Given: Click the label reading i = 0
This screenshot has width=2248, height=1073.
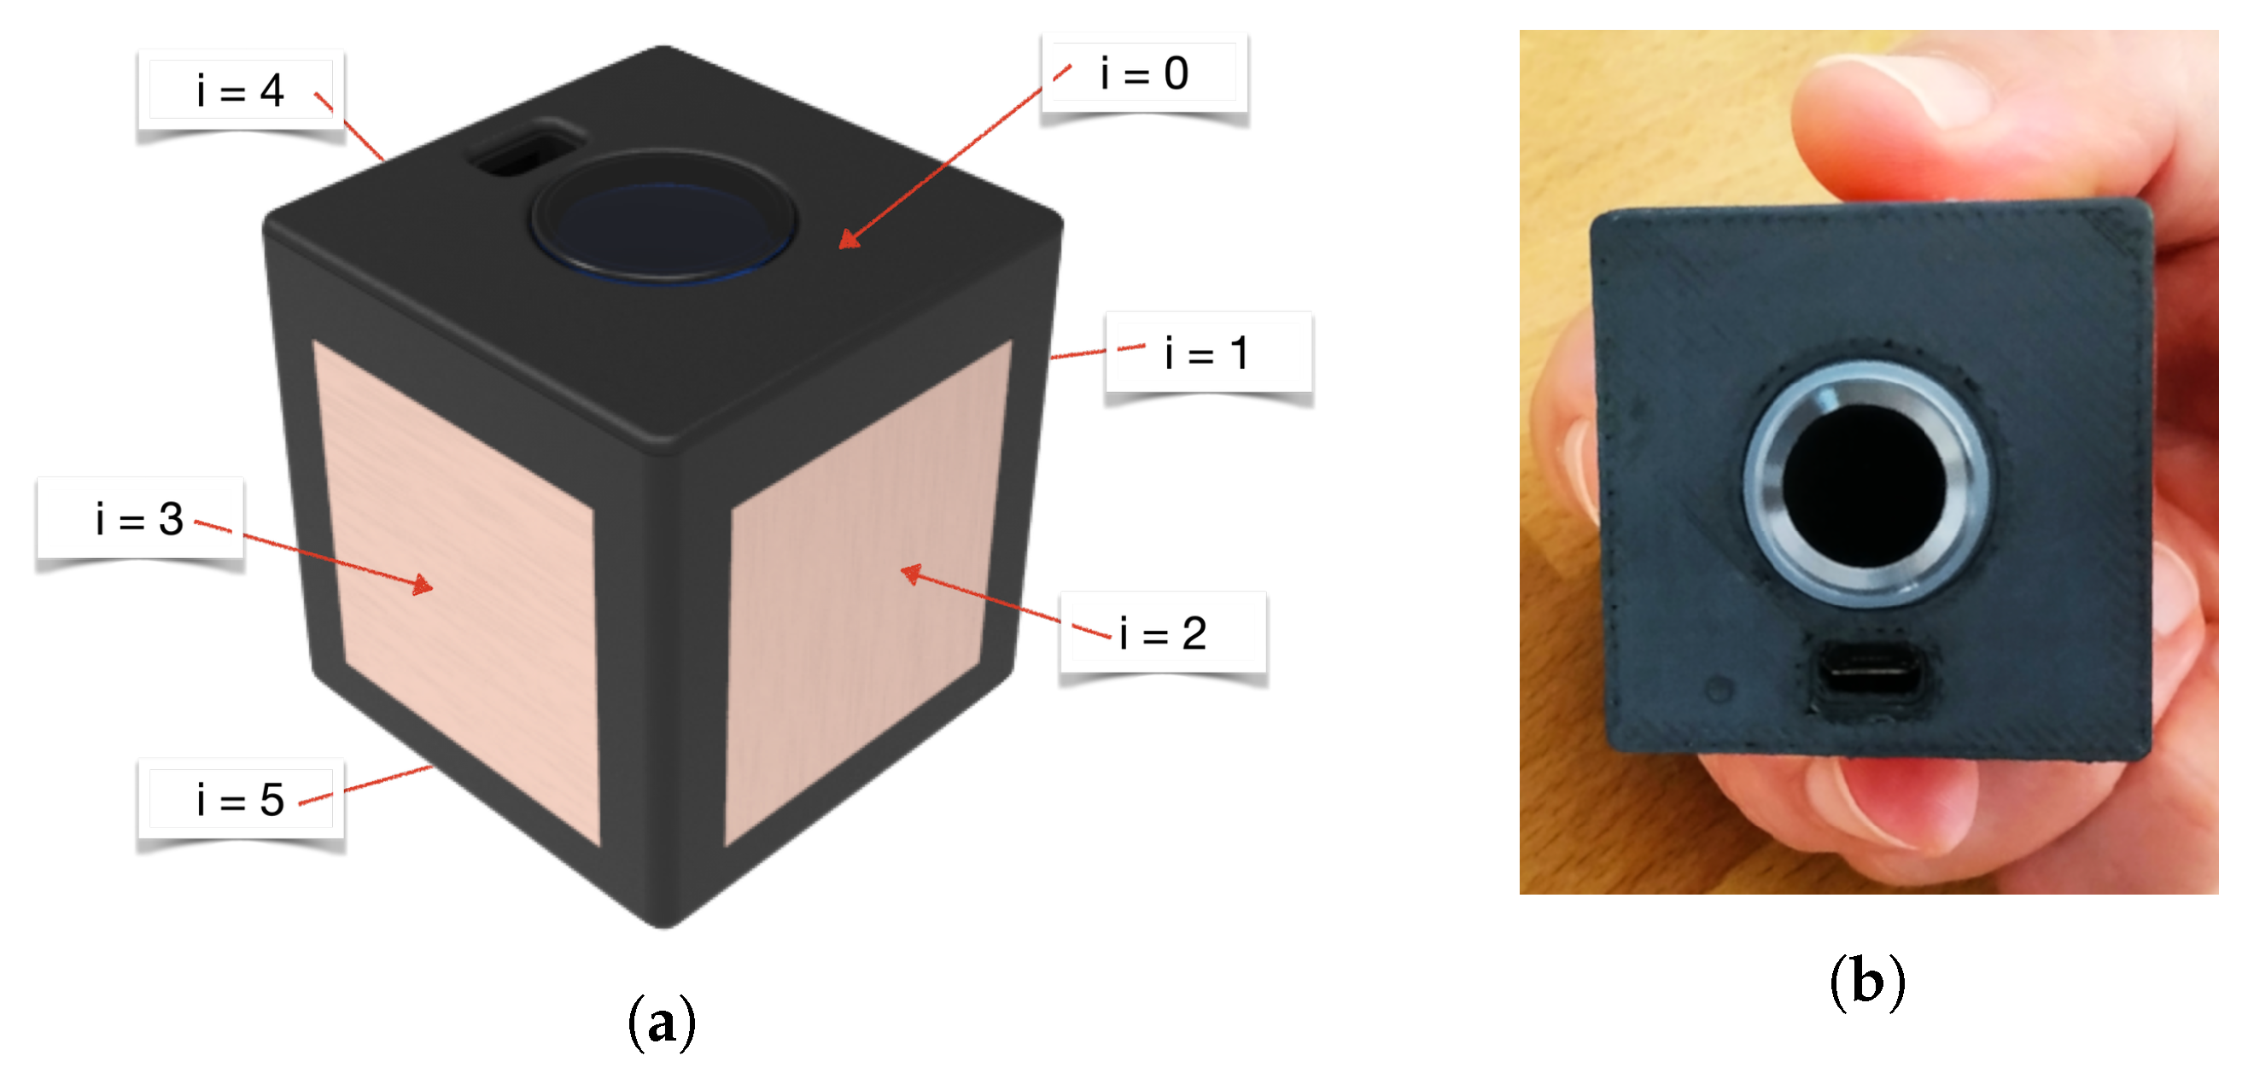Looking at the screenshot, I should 1144,73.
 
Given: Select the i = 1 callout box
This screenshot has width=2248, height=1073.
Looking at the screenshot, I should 1208,353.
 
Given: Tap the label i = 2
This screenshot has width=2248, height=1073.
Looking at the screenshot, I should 1163,633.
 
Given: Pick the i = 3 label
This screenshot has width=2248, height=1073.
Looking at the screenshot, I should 140,519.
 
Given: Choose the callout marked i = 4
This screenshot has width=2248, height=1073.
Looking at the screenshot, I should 240,90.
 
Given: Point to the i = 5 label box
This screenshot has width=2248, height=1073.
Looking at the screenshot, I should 240,800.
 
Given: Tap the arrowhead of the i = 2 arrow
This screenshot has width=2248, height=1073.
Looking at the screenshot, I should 909,573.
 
